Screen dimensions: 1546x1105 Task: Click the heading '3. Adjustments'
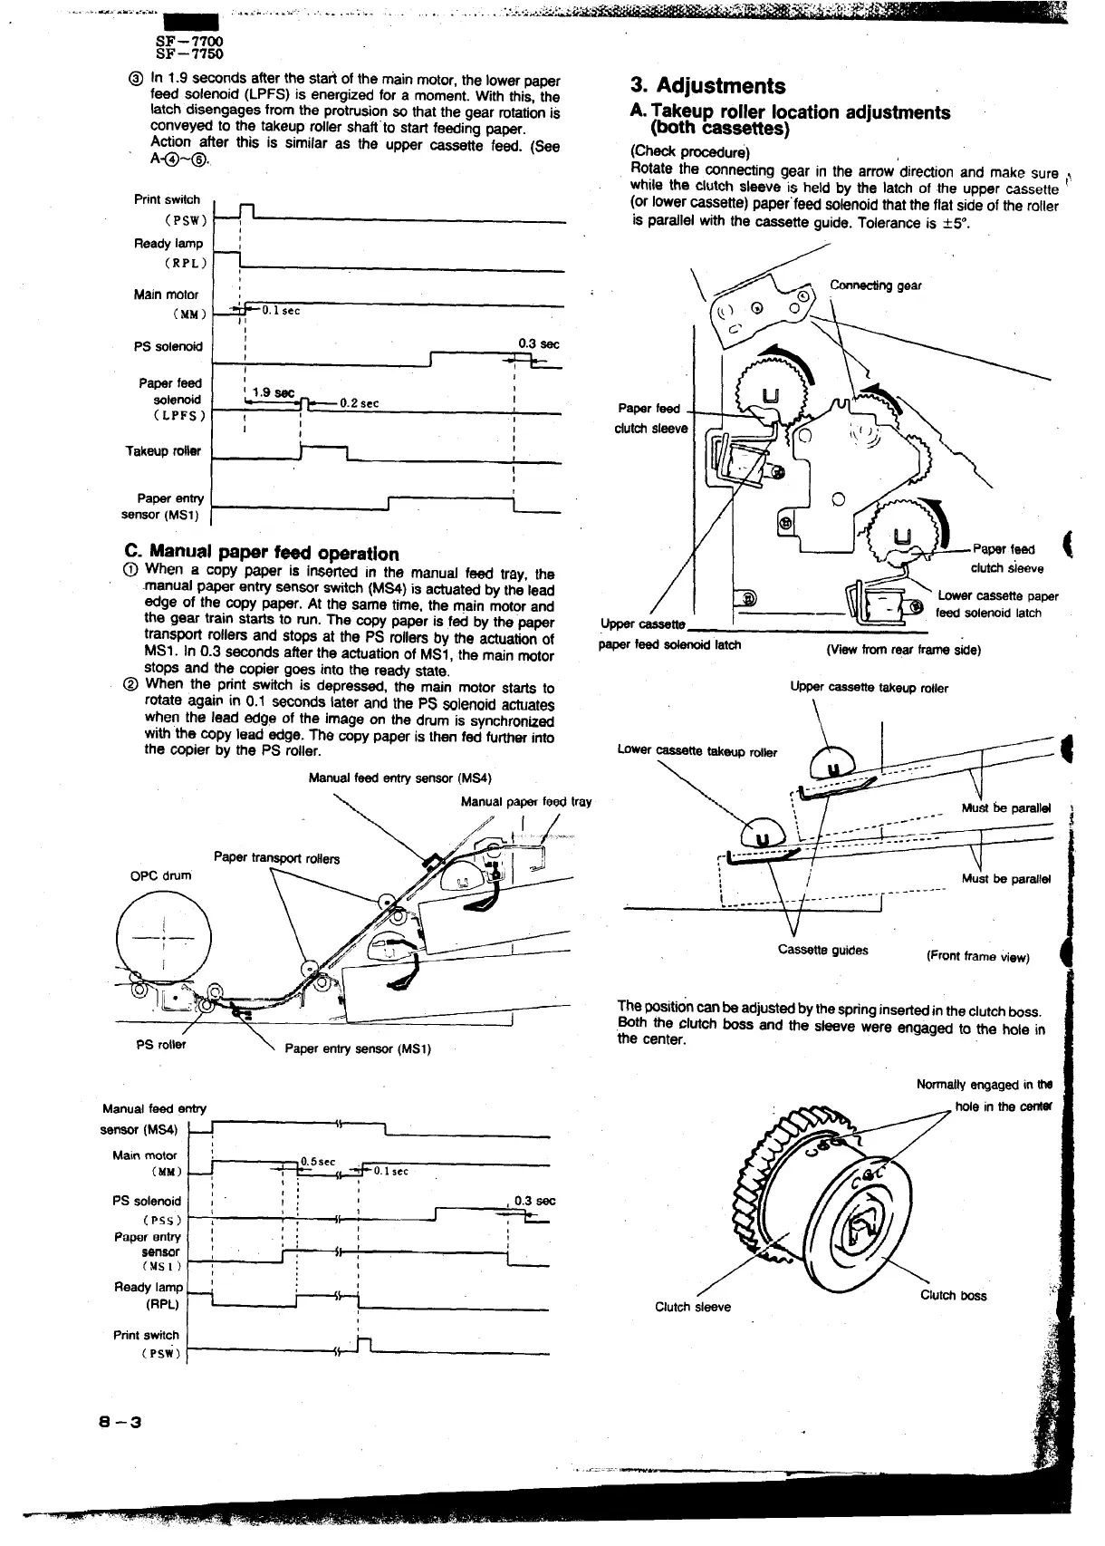(707, 86)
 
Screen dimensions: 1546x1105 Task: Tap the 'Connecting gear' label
(875, 285)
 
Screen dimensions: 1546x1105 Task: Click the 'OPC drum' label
(161, 875)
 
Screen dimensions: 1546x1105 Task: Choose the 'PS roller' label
(160, 1044)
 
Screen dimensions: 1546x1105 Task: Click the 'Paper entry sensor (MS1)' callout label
(358, 1048)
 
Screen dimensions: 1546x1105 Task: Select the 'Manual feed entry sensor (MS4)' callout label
(399, 778)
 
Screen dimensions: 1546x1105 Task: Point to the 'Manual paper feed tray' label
(525, 801)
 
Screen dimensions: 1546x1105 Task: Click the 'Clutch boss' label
(953, 1295)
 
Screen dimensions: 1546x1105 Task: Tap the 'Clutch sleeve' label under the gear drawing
(692, 1306)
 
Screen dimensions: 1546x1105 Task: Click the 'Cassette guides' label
(822, 950)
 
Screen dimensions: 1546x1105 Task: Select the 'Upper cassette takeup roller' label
(869, 688)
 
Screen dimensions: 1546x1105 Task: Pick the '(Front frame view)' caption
(977, 957)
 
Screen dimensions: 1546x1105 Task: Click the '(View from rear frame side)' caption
(903, 649)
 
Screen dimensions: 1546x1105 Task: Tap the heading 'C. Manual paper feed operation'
(261, 553)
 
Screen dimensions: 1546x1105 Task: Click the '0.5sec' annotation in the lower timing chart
(318, 1161)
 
